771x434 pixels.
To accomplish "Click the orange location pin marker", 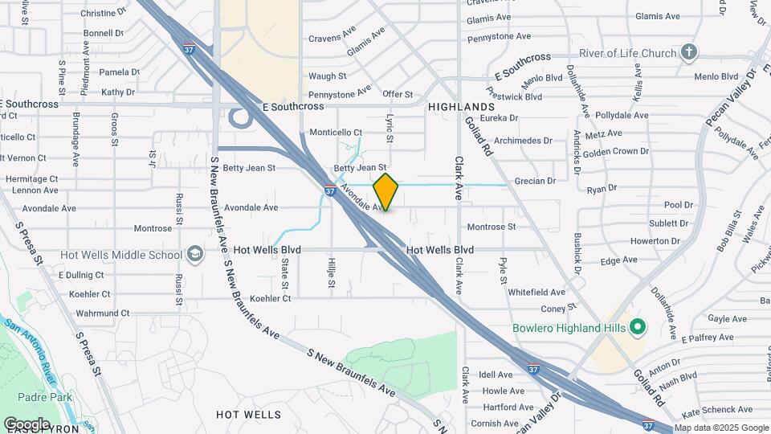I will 386,192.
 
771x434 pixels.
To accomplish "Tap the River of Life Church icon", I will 688,53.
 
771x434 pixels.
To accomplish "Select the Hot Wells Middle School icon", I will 194,256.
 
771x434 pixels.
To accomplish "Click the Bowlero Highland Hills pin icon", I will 638,328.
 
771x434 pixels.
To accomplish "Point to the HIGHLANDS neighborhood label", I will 461,107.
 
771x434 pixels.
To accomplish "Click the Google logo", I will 27,424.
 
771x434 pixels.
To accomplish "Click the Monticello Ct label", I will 337,133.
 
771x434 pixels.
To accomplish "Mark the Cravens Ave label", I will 332,38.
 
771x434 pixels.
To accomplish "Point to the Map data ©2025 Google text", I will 720,428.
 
